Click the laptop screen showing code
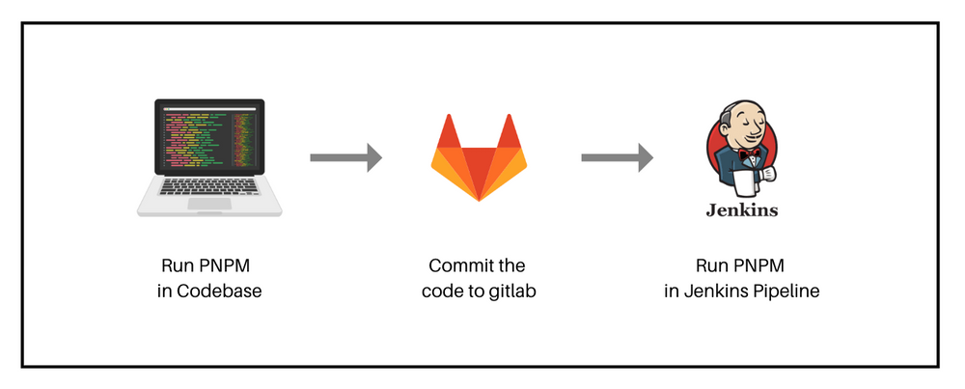208,142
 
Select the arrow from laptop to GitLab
345,157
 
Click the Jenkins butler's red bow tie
743,153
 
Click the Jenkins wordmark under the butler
742,209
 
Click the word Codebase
219,291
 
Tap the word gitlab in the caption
512,291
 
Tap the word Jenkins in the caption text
716,291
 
